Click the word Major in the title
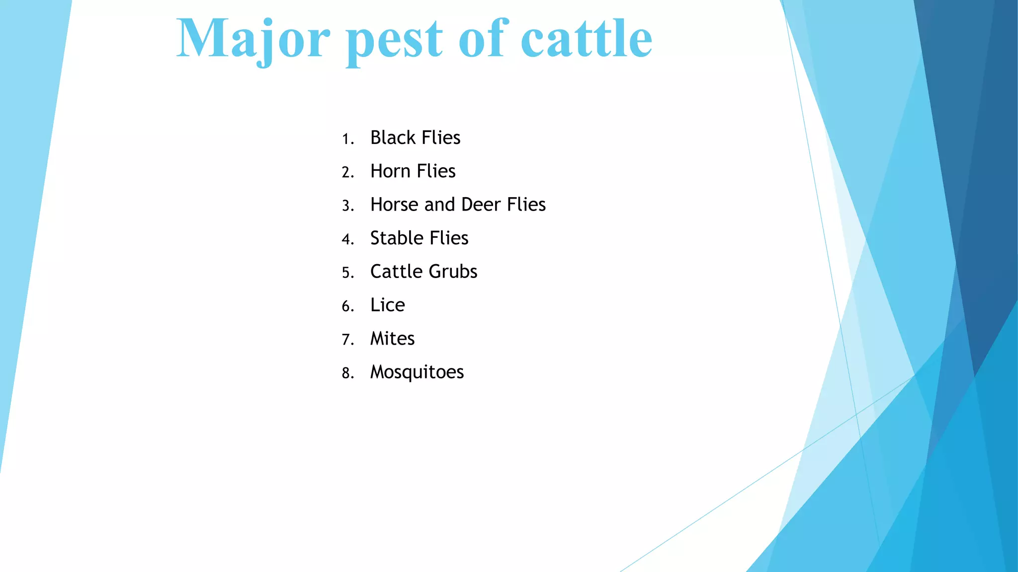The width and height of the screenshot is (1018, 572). [x=253, y=40]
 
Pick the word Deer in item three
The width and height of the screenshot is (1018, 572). [x=481, y=205]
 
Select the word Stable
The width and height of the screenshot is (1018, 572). [x=396, y=238]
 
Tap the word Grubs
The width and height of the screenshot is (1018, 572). [x=452, y=272]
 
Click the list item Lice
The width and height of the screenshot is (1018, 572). [x=387, y=305]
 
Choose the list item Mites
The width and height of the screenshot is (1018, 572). [x=392, y=339]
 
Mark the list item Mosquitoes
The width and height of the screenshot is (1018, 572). [x=417, y=372]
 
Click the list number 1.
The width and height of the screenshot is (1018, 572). [x=347, y=139]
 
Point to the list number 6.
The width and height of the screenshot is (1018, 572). [x=347, y=306]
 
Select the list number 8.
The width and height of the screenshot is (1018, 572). [x=347, y=373]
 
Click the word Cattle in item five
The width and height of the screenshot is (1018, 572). [x=396, y=272]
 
